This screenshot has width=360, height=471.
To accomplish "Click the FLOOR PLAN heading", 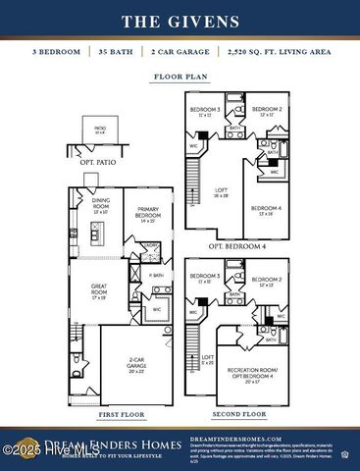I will [x=180, y=75].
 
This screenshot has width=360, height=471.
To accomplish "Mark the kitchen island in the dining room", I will [x=96, y=234].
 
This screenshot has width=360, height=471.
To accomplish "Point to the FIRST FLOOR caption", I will [x=123, y=415].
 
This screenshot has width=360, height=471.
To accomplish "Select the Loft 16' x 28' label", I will [x=221, y=194].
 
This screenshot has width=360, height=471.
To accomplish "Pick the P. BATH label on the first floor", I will [x=155, y=276].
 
